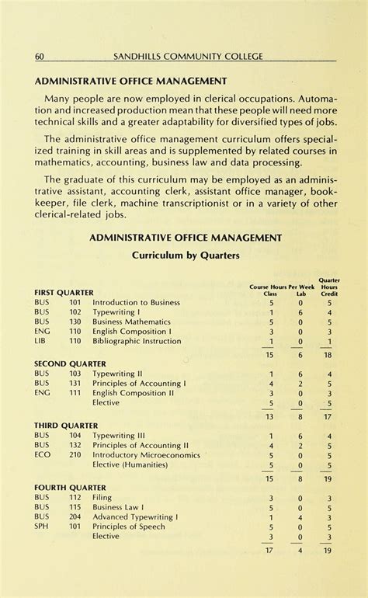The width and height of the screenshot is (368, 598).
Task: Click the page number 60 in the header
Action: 39,56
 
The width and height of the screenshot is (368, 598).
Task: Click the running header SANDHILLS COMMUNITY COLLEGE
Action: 189,56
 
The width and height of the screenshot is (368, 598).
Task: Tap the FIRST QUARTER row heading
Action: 64,293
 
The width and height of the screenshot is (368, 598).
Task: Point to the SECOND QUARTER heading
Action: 69,363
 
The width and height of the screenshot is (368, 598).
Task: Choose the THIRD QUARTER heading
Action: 66,426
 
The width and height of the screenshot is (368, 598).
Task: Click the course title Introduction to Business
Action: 136,303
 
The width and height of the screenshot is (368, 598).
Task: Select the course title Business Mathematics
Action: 131,322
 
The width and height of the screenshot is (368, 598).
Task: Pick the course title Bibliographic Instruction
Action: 137,341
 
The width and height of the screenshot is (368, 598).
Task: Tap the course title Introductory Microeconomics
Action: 146,456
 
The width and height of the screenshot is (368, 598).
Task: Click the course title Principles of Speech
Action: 129,527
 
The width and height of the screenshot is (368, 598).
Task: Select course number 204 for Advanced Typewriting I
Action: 75,516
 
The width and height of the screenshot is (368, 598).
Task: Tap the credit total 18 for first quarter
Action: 328,354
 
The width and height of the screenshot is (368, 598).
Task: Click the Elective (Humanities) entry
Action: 130,465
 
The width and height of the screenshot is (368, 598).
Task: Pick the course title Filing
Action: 102,498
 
